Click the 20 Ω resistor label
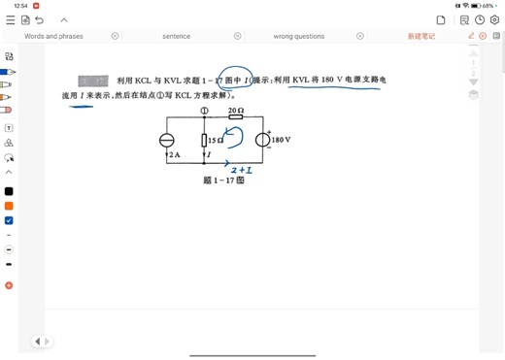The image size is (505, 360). (x=234, y=112)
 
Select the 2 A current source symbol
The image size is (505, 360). (x=167, y=140)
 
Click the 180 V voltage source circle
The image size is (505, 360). (x=262, y=140)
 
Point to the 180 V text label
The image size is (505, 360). (x=282, y=140)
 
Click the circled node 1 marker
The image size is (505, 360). (x=204, y=111)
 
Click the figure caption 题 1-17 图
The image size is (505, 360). (x=222, y=180)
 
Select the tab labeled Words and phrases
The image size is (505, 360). (x=53, y=36)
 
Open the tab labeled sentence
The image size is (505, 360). (x=176, y=36)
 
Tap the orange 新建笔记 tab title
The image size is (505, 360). (x=421, y=36)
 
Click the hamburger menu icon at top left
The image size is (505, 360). (x=10, y=19)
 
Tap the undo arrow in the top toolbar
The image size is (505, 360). (x=40, y=19)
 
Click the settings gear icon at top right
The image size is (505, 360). (x=479, y=19)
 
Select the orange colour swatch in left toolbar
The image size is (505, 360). (x=9, y=206)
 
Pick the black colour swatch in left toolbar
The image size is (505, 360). (x=9, y=191)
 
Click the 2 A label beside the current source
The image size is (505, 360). (x=174, y=154)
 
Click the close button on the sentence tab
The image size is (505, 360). (x=237, y=36)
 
